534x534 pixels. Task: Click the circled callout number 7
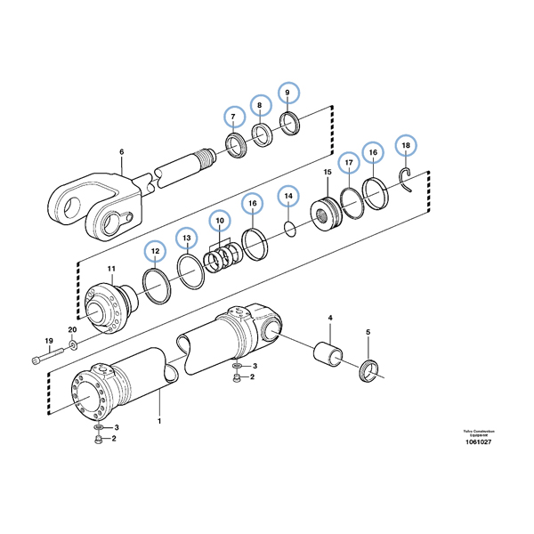[x=234, y=117]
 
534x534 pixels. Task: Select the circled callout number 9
[x=287, y=93]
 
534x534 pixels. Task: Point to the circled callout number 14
[x=287, y=195]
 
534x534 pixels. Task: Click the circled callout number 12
[x=155, y=253]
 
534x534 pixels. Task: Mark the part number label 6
[x=122, y=152]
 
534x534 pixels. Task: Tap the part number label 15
[x=327, y=172]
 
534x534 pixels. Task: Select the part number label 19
[x=49, y=341]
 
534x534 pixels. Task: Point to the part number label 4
[x=330, y=318]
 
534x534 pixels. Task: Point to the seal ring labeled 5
[x=370, y=369]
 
